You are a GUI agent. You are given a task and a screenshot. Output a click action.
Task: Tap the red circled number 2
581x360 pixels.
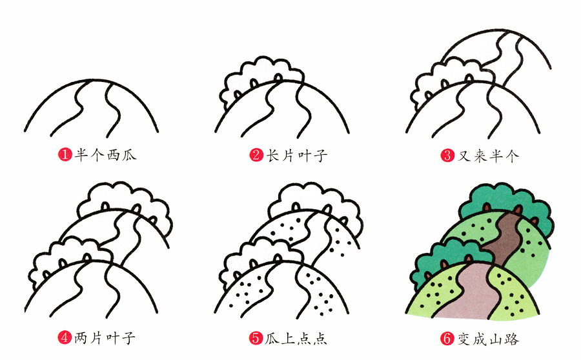coord(256,155)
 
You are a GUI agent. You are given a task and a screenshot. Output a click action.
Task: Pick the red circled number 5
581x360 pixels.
coord(256,337)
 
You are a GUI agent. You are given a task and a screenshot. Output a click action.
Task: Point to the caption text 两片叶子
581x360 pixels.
coord(105,337)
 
